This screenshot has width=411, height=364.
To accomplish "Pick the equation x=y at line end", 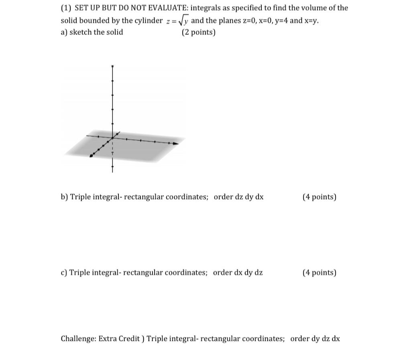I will point(311,21).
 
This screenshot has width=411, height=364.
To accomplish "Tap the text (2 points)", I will point(198,32).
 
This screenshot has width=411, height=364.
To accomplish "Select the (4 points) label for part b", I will point(319,197).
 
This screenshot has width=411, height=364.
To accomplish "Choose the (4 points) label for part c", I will point(319,273).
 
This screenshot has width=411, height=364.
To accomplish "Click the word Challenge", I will point(78,339).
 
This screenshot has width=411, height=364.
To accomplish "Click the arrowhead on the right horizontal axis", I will point(175,143).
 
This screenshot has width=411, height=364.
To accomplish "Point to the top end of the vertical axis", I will point(112,66).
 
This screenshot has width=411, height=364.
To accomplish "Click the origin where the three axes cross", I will point(112,138).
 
